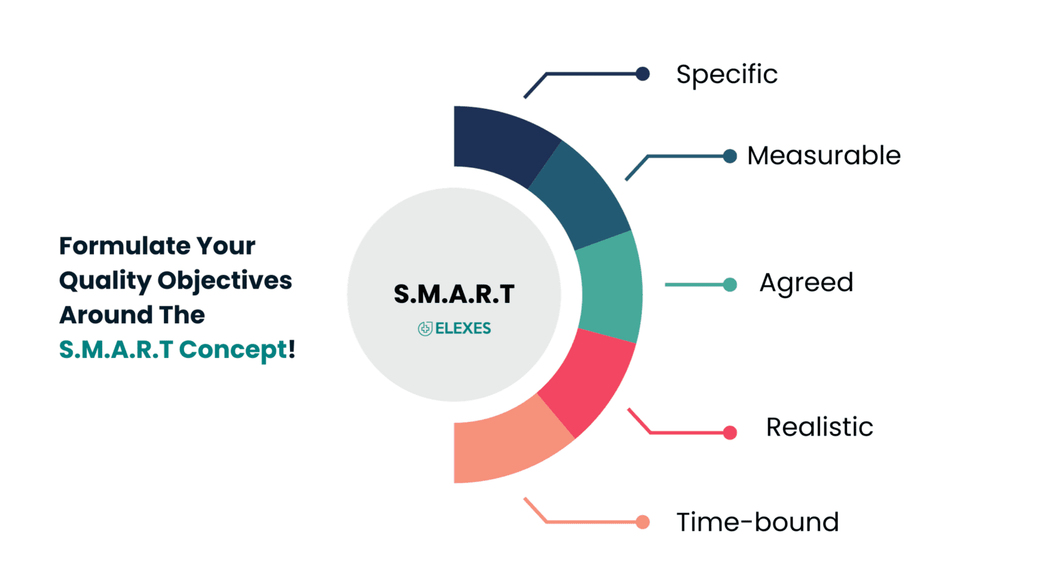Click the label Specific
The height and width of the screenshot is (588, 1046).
727,74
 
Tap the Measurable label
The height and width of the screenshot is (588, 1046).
823,156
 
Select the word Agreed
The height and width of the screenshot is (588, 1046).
806,283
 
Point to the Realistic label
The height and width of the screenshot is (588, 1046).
819,427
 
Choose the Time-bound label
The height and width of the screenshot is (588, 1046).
757,523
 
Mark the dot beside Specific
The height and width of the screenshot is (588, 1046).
642,73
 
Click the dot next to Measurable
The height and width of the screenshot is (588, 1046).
729,157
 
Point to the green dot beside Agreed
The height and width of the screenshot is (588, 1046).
729,284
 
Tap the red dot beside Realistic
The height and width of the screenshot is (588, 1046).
729,432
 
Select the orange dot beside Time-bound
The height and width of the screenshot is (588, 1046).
642,522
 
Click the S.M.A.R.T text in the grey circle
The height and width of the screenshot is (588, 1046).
454,295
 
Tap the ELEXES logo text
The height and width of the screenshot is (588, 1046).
462,329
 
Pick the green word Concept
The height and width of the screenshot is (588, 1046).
233,350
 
